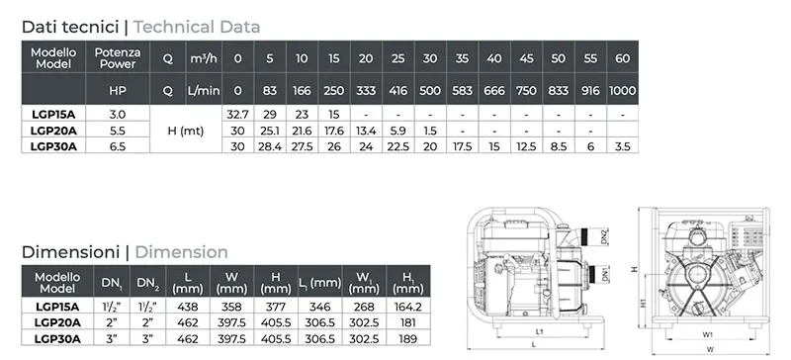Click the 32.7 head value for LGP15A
tap(237, 114)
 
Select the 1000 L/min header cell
tap(623, 90)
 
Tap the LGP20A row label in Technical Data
tap(53, 131)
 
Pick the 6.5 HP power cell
tap(117, 146)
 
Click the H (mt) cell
tap(186, 131)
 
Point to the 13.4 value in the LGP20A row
tap(366, 131)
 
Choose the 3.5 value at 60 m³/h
tap(623, 146)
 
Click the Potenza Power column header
tap(118, 57)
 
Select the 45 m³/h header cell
tap(526, 58)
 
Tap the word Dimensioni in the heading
tap(70, 252)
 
